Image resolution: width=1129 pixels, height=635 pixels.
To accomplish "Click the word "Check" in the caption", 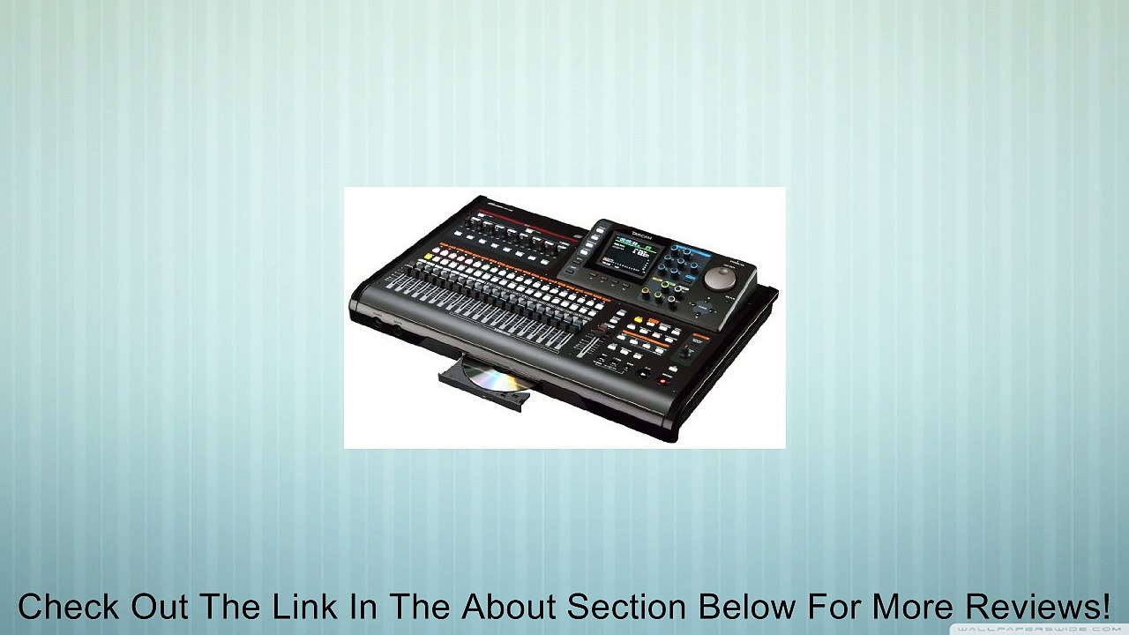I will (x=70, y=607).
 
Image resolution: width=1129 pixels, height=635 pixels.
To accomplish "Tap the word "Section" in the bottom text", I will (x=624, y=607).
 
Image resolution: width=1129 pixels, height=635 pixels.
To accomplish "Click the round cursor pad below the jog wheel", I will (x=704, y=309).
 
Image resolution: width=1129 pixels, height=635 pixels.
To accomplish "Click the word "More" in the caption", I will (x=905, y=607).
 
